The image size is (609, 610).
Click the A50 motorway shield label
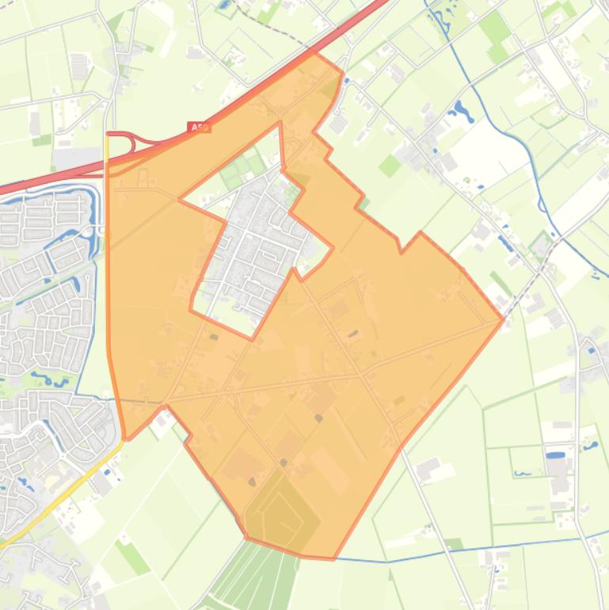point(199,127)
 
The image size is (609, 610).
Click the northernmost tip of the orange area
point(315,53)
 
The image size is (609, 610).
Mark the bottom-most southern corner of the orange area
point(333,559)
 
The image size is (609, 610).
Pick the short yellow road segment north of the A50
point(106,147)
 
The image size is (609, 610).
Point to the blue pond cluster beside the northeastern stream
point(462,112)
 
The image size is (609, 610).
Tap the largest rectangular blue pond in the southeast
point(557,456)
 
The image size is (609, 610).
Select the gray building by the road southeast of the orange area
point(428,469)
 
